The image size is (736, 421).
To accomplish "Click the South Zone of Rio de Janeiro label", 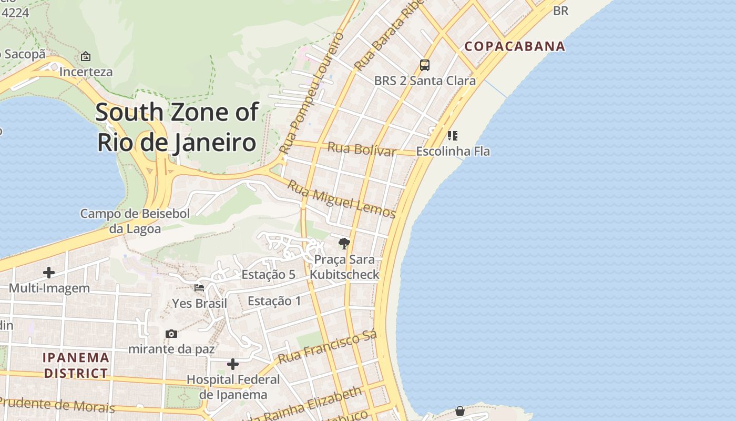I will pos(177,127).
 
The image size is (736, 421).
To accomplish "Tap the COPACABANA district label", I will pos(515,46).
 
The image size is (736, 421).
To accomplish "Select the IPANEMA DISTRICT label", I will pos(76,365).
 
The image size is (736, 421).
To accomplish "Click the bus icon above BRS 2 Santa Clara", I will pos(425,65).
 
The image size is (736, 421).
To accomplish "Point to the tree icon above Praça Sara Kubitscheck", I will pos(344,243).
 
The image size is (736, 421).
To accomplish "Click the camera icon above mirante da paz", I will pos(171,334).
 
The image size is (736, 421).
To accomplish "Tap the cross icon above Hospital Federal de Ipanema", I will pos(233,364).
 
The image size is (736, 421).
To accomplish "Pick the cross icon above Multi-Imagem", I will pos(49,273).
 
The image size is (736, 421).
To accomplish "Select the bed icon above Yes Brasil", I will pos(199,288).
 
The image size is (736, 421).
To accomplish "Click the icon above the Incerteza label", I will pos(86,56).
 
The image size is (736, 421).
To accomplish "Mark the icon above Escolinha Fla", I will pos(452,136).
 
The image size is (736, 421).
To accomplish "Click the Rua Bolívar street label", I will pos(361,149).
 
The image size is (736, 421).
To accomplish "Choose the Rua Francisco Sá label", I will pos(328,348).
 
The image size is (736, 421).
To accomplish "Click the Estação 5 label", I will pos(268,275).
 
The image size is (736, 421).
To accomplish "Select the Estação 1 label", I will pos(274,301).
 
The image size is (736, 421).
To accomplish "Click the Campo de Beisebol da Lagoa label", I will pos(135,221).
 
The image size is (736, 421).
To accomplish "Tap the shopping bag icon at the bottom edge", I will pos(460,410).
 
